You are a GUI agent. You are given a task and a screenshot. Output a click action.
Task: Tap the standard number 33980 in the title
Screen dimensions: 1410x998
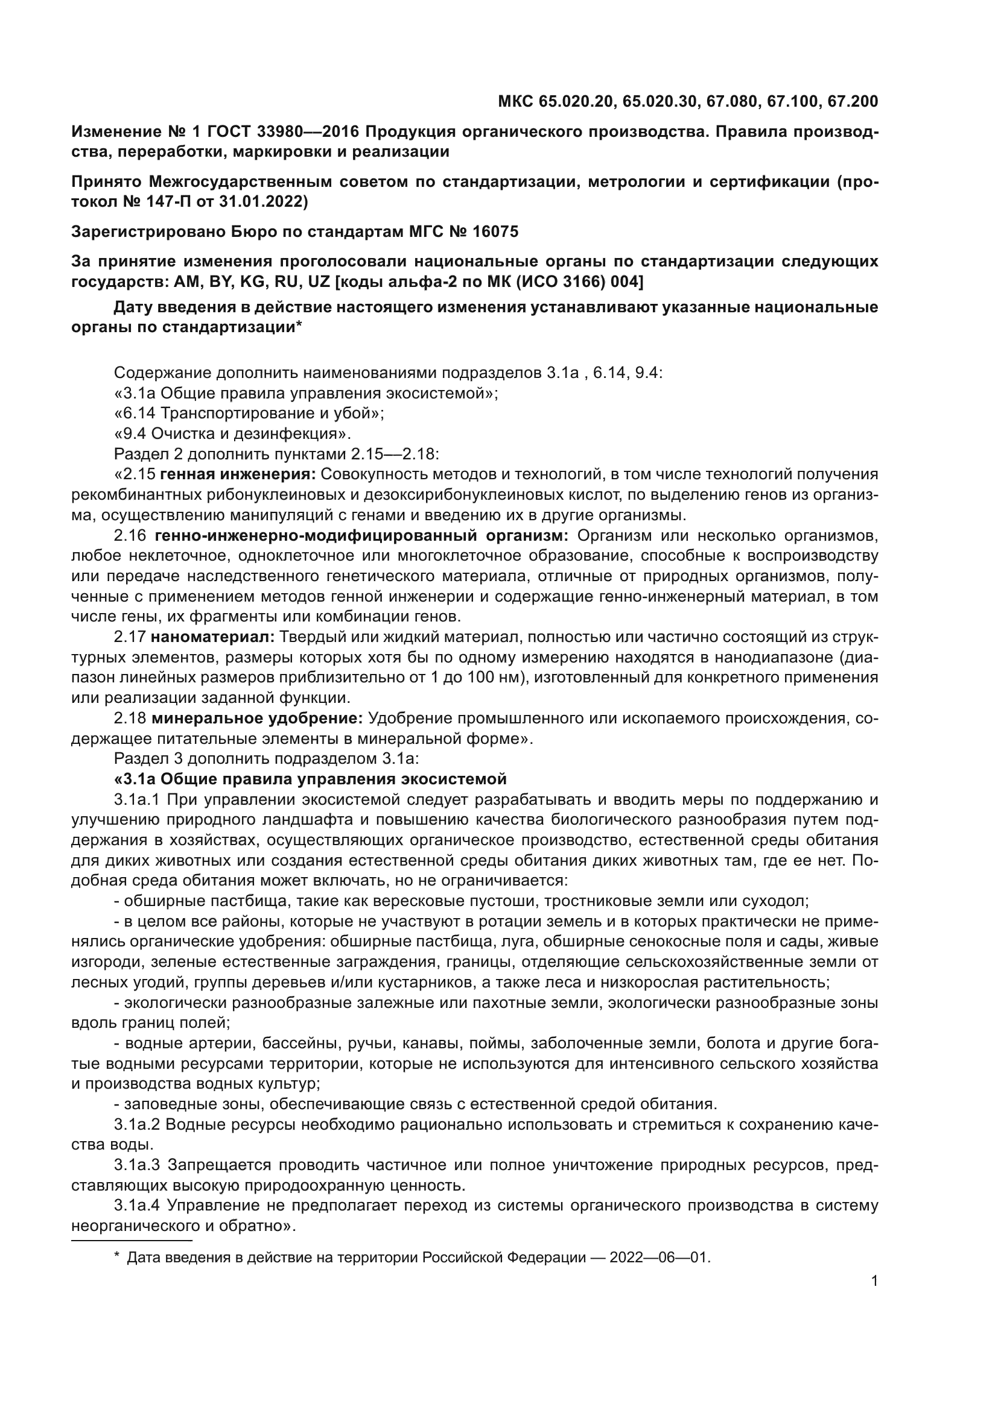click(x=291, y=132)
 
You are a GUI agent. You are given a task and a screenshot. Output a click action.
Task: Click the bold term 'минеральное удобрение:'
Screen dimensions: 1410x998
click(x=257, y=718)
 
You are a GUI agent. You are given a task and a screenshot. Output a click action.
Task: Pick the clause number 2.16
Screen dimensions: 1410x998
click(x=130, y=535)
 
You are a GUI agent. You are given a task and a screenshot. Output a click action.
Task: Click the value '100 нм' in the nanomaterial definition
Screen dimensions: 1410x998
click(x=497, y=678)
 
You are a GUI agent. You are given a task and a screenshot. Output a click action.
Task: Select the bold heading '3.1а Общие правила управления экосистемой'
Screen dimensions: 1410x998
click(x=310, y=779)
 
